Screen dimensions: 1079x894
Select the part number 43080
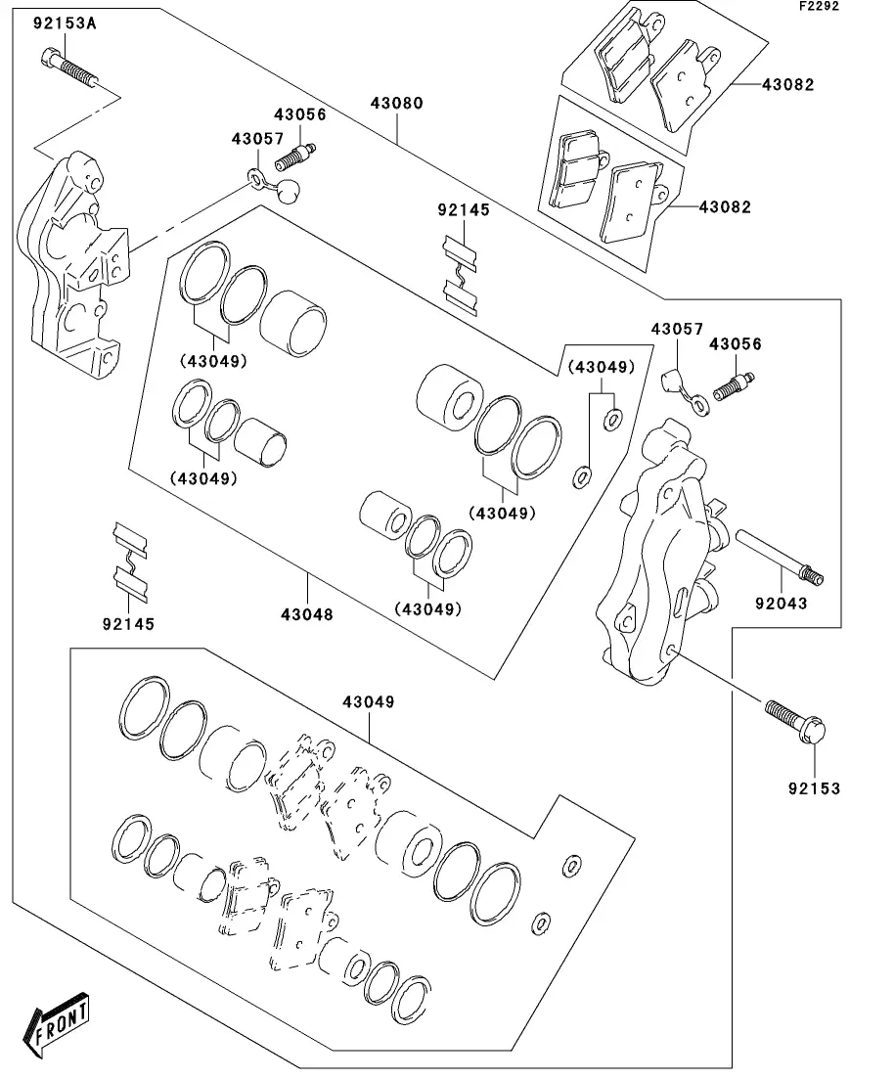click(397, 103)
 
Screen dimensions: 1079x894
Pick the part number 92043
click(781, 604)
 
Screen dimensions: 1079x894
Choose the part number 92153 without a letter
click(814, 788)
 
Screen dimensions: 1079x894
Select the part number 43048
click(307, 614)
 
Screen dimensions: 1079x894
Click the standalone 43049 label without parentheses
click(368, 702)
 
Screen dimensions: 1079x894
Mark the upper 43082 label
click(788, 85)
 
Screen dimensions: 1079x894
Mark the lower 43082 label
click(725, 207)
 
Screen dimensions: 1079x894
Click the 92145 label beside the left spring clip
click(127, 622)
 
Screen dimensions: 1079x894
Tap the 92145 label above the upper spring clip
click(464, 209)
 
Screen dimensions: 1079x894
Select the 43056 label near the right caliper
click(735, 344)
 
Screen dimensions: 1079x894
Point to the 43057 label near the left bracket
click(257, 139)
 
